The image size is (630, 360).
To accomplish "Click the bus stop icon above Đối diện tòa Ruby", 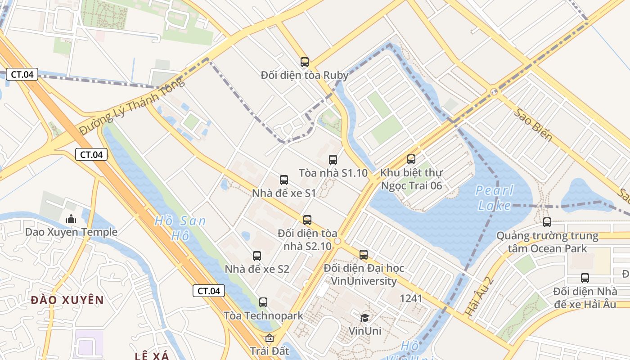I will (305, 62).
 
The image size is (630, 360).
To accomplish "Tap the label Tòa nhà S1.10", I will (333, 173).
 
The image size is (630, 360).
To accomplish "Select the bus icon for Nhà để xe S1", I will (284, 180).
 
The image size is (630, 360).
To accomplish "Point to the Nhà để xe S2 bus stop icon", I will (257, 256).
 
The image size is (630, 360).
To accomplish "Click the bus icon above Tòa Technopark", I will (263, 302).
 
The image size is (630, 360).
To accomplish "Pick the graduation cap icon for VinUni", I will (364, 318).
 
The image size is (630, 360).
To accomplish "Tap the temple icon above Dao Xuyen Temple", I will (71, 219).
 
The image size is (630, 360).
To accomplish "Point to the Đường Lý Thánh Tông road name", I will (132, 107).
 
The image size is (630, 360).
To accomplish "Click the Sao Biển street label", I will (534, 125).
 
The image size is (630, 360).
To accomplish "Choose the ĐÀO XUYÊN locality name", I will (67, 300).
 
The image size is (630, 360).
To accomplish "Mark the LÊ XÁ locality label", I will (152, 356).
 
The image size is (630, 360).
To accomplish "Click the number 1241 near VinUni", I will (411, 298).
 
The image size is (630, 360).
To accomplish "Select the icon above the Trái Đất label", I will (269, 338).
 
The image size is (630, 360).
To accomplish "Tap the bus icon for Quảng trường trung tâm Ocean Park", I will (547, 222).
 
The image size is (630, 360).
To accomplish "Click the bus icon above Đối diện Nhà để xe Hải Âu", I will (585, 278).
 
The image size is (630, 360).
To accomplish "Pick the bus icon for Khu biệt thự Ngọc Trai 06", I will (411, 159).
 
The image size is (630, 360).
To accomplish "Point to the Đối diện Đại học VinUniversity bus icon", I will (364, 255).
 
